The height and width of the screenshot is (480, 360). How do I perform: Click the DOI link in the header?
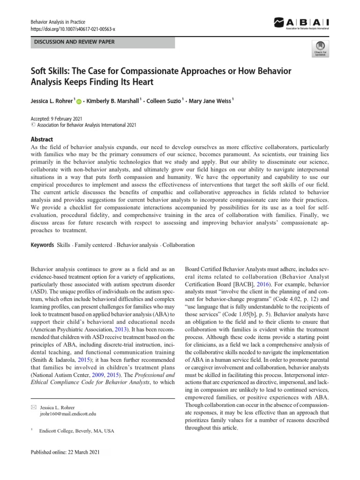pyautogui.click(x=73, y=29)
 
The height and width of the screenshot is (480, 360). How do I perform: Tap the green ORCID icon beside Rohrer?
pyautogui.click(x=78, y=102)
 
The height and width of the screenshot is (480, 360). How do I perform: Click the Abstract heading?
pyautogui.click(x=42, y=139)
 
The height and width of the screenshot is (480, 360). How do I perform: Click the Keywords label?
pyautogui.click(x=42, y=245)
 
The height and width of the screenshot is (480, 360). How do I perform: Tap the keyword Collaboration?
pyautogui.click(x=179, y=245)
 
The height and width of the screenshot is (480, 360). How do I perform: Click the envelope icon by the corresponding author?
pyautogui.click(x=33, y=407)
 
